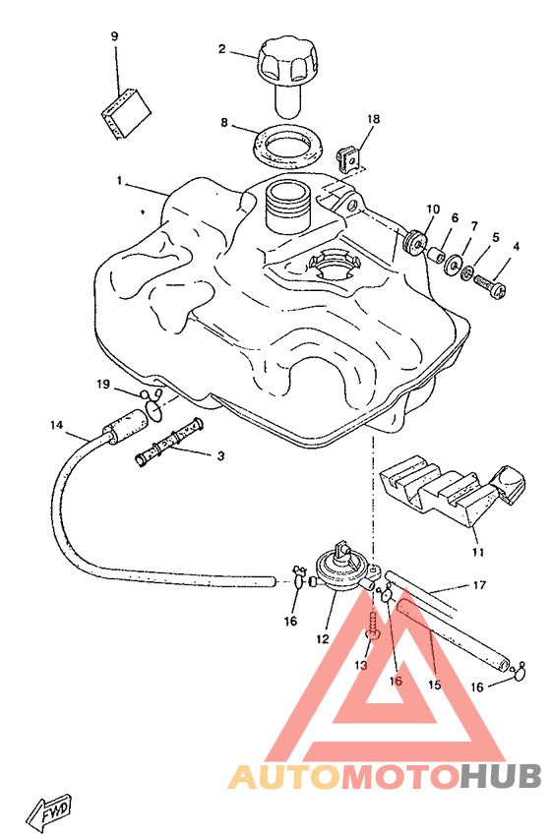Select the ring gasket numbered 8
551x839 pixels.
pos(287,145)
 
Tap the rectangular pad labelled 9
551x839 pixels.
pos(126,113)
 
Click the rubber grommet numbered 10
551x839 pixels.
pos(414,241)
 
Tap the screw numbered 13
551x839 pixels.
pos(374,625)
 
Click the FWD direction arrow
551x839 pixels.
pos(50,813)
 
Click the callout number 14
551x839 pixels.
pos(56,425)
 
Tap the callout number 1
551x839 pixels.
pos(119,180)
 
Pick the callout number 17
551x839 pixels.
pos(479,585)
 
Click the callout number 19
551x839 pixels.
pos(102,384)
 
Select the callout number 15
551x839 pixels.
pos(434,685)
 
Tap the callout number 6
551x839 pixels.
pos(455,217)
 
